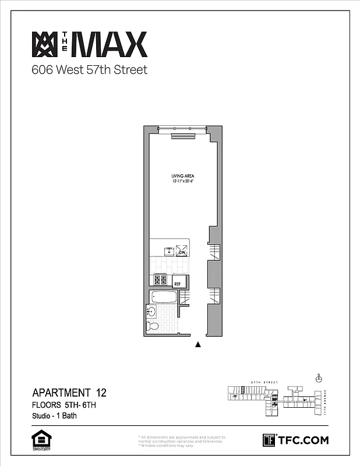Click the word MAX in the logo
click(x=111, y=45)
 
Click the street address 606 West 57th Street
click(x=89, y=70)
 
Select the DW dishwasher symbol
click(x=182, y=252)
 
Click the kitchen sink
click(x=169, y=252)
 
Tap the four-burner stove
click(x=161, y=280)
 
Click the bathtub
click(x=164, y=297)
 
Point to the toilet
click(x=153, y=326)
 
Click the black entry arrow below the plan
click(x=198, y=345)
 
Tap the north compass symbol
click(x=318, y=378)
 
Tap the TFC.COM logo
click(x=295, y=440)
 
